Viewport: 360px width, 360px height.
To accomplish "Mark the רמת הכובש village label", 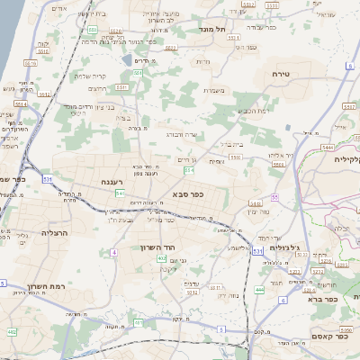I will (x=252, y=110).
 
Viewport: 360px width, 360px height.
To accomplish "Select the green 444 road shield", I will (x=259, y=290).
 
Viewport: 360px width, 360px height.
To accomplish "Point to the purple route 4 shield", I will (x=114, y=255).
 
